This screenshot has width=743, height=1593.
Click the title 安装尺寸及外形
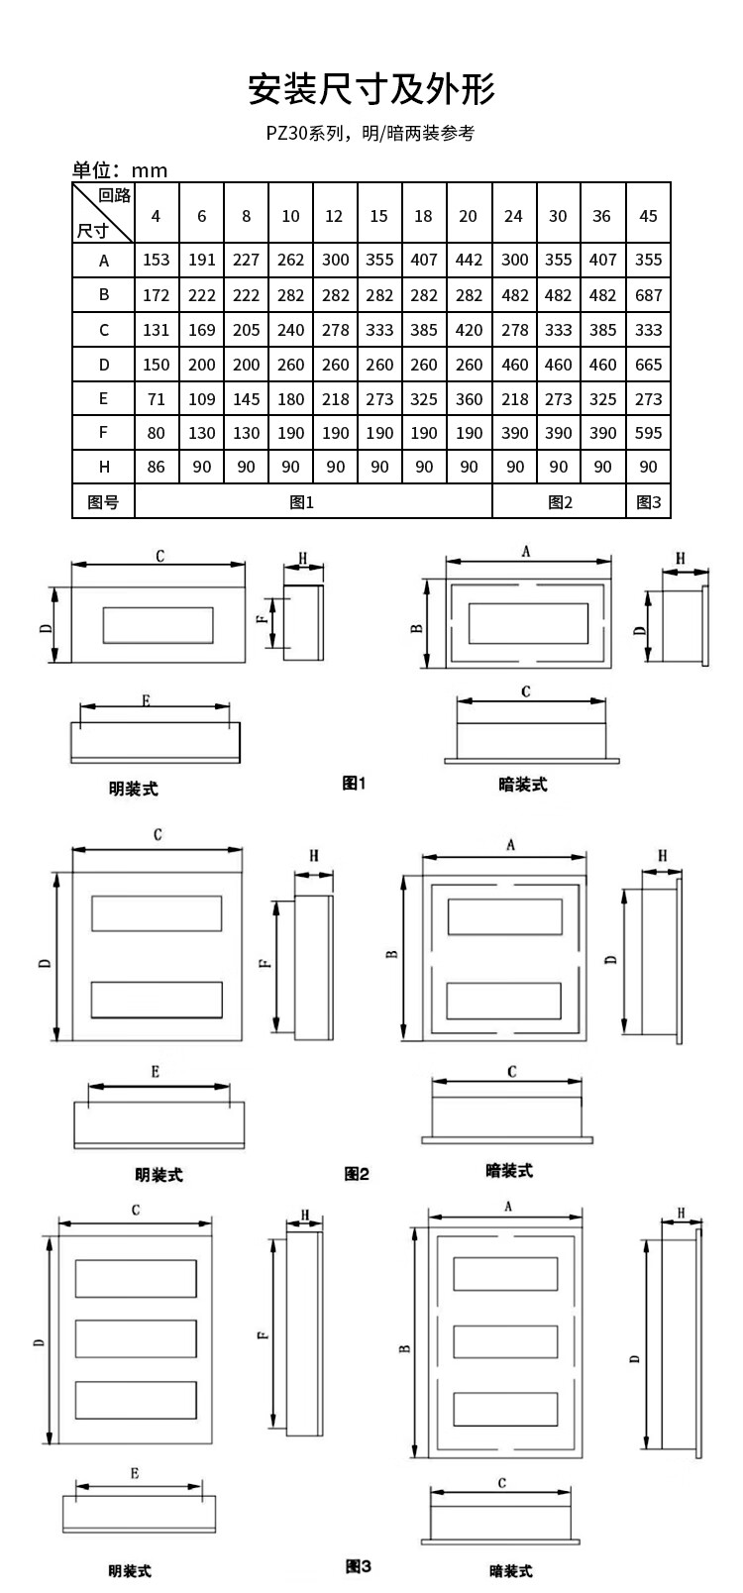(x=371, y=89)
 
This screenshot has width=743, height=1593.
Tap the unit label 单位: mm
(x=120, y=170)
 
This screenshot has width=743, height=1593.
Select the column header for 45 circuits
(x=648, y=216)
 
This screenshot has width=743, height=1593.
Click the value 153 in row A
(x=157, y=260)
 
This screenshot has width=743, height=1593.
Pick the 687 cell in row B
(x=648, y=295)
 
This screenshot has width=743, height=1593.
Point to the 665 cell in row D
(x=648, y=365)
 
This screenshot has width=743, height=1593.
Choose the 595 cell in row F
(x=648, y=433)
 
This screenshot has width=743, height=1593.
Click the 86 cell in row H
(x=156, y=468)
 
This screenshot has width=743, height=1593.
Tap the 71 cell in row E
(x=157, y=399)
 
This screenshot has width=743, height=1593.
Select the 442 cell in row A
(x=469, y=260)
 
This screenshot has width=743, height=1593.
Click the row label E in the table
(x=104, y=399)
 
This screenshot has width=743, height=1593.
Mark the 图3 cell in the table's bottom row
(x=648, y=503)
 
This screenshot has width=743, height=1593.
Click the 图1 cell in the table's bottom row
(x=301, y=503)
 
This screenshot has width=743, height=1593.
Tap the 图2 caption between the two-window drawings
(x=357, y=1174)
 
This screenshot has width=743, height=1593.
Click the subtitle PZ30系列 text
(x=307, y=133)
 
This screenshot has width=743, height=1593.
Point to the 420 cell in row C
(x=469, y=330)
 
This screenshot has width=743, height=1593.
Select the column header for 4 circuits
(x=156, y=216)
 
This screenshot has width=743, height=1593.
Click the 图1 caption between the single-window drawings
(x=354, y=783)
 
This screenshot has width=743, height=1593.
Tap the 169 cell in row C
(x=201, y=330)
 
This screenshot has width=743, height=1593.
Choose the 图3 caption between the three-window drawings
(x=359, y=1566)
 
